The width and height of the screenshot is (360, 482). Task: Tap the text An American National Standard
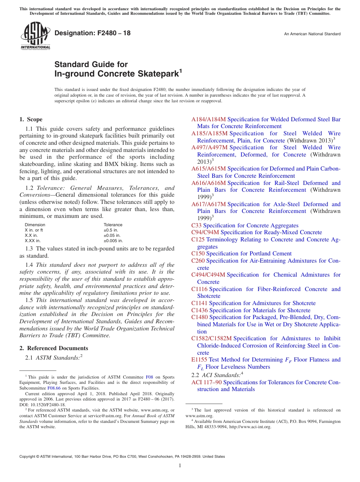(x=312, y=34)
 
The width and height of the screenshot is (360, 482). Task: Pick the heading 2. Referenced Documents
(x=53, y=348)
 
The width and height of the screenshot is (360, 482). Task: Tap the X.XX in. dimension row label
(x=33, y=241)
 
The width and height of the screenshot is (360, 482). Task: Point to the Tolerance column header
(x=113, y=225)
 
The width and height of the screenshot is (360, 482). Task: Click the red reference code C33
(x=196, y=225)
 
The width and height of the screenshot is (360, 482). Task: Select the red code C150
(x=198, y=254)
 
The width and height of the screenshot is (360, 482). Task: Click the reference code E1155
(x=199, y=360)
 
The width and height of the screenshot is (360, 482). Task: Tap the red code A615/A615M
(x=208, y=169)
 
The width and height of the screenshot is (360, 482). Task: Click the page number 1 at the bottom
(x=180, y=466)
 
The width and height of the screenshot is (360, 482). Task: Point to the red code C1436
(x=199, y=310)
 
